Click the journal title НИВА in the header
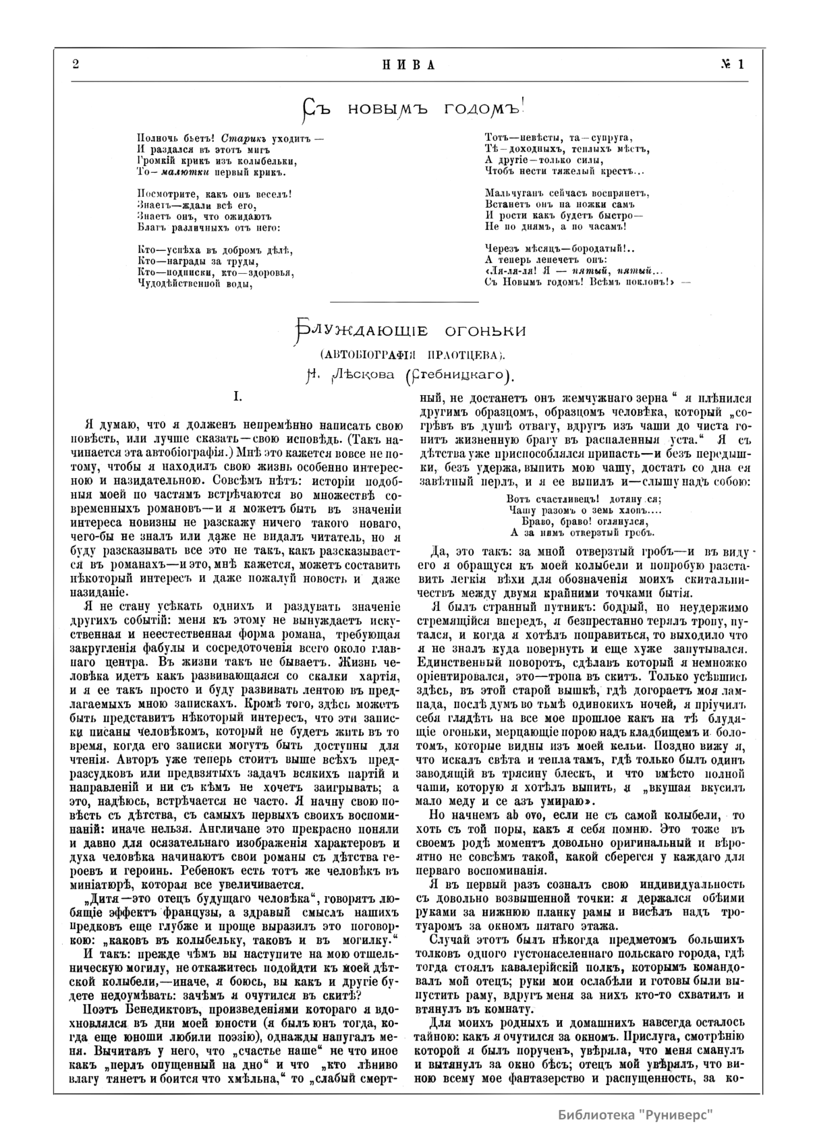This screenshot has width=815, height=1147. [407, 65]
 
